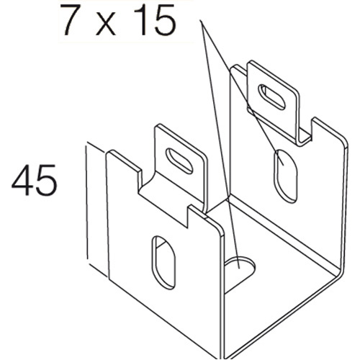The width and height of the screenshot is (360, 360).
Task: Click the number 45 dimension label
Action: coord(35,179)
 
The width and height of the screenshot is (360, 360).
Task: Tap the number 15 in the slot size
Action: coord(156,19)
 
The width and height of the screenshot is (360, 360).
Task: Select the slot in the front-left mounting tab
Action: coord(179,161)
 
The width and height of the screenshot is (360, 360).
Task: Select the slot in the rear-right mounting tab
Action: coord(271,97)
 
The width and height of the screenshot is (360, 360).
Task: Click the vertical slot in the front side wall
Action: coord(163,263)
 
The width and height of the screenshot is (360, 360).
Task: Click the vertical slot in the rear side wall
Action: coord(286,176)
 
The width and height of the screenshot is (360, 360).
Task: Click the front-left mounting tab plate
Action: coord(181,166)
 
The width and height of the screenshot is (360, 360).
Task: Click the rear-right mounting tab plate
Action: coord(273,101)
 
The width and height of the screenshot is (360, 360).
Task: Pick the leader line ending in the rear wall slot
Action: coord(243,93)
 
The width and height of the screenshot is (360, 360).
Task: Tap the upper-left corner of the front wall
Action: coord(107,153)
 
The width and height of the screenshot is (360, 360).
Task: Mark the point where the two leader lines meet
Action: coord(201,21)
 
